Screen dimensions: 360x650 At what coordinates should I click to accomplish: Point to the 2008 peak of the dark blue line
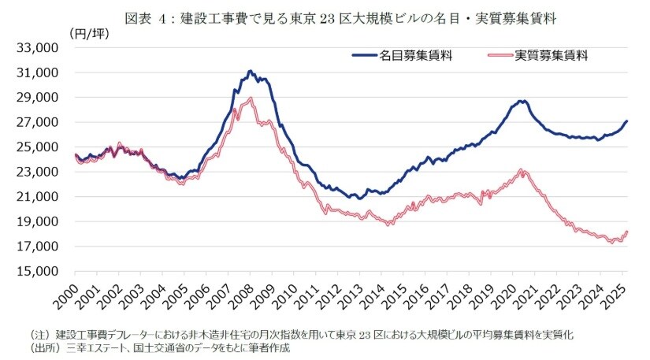tap(250, 71)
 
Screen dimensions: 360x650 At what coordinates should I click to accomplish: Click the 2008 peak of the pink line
tap(250, 98)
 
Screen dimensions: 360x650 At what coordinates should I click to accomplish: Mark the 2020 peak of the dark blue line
tap(521, 101)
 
